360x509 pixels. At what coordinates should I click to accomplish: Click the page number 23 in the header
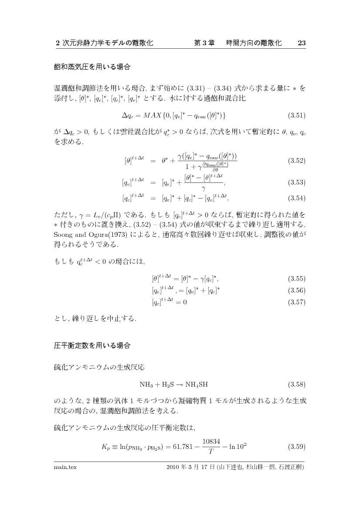tap(302, 43)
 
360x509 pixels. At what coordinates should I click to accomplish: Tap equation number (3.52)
tap(296, 161)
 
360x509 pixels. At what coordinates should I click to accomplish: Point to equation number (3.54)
tap(296, 198)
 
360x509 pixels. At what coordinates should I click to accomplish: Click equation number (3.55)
tap(296, 278)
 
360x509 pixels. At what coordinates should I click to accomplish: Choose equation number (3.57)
tap(296, 303)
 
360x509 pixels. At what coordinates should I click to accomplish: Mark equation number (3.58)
tap(296, 384)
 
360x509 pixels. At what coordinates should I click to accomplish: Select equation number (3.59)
tap(296, 447)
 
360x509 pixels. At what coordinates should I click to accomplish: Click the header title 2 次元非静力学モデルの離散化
tap(104, 43)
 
